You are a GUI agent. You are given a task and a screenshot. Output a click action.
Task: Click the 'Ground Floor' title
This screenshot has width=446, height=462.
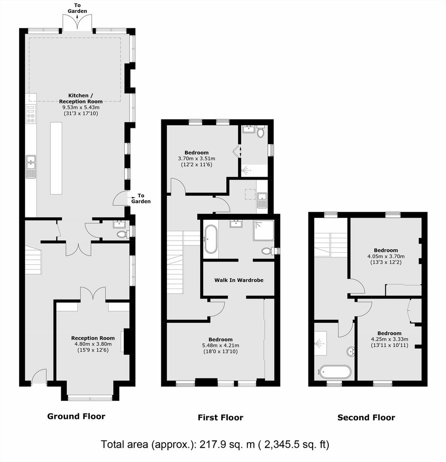pos(76,416)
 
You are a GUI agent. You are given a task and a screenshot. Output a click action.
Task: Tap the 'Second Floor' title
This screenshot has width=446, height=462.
pos(366,417)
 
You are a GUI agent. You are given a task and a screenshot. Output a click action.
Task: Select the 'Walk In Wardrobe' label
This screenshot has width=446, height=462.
pos(239,280)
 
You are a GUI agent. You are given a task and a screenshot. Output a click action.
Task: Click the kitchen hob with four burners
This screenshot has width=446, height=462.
pos(31,114)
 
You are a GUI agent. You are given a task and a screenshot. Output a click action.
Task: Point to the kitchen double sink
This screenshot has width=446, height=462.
pos(31,166)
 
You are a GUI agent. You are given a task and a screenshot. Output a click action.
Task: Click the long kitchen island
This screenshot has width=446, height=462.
pos(56,158)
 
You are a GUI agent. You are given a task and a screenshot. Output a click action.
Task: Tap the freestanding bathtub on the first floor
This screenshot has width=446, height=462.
pos(211,239)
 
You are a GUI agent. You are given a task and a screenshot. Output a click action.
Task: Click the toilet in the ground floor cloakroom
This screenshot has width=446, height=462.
pos(122,235)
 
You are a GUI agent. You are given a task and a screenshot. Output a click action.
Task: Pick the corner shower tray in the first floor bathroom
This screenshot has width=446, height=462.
pos(263,230)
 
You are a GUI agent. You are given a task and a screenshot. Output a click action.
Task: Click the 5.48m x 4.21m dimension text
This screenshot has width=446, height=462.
pos(220,345)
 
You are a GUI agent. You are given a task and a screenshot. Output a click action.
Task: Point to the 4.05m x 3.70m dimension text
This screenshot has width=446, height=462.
pos(386,256)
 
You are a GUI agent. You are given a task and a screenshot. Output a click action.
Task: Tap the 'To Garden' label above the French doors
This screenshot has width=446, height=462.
pos(77,8)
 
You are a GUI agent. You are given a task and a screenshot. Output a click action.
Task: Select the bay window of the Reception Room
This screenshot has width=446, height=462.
pos(90,398)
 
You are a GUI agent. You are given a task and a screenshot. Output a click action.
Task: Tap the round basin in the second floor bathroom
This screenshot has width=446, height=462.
pos(351,352)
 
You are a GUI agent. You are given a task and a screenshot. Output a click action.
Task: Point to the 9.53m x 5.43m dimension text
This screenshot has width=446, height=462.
pos(81,107)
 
